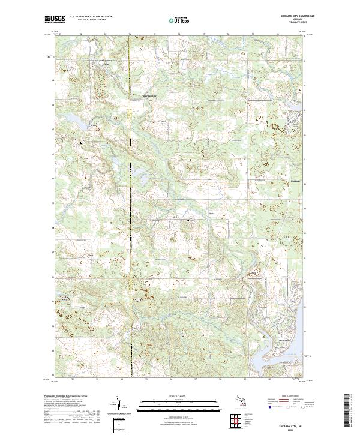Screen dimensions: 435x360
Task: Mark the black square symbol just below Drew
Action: point(188,220)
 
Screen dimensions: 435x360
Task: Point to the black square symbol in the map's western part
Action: point(82,143)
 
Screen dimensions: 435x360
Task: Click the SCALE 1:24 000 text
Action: point(180,397)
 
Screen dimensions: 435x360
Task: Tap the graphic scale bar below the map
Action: point(180,404)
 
